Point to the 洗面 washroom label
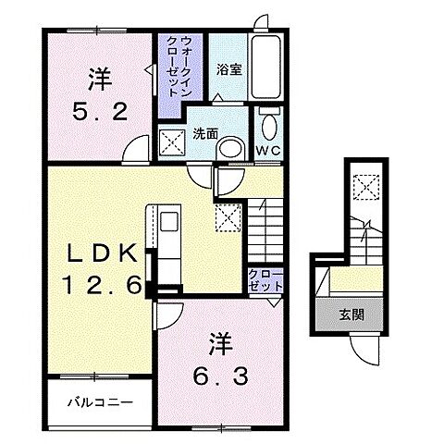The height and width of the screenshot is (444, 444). click(204, 133)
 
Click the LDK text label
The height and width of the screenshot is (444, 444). click(103, 253)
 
